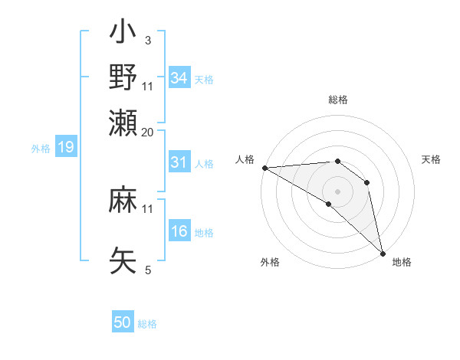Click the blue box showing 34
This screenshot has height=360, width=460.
coord(179,77)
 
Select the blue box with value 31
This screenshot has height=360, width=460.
coord(179,162)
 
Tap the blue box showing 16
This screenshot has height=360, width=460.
coord(179,231)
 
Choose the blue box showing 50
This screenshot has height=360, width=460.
coord(123,322)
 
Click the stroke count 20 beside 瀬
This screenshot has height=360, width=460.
coord(148,132)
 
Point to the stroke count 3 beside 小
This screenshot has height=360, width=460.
coord(148,39)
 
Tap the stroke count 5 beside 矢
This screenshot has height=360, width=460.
coord(148,270)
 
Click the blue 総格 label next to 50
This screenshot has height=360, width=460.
coord(147,324)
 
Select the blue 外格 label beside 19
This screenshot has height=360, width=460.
coord(41,149)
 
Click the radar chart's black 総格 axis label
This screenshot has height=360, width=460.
coord(337,100)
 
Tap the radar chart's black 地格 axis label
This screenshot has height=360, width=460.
coord(402,262)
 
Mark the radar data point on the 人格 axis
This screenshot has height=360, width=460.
coord(264,168)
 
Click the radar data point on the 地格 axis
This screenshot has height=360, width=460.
coord(383,252)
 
